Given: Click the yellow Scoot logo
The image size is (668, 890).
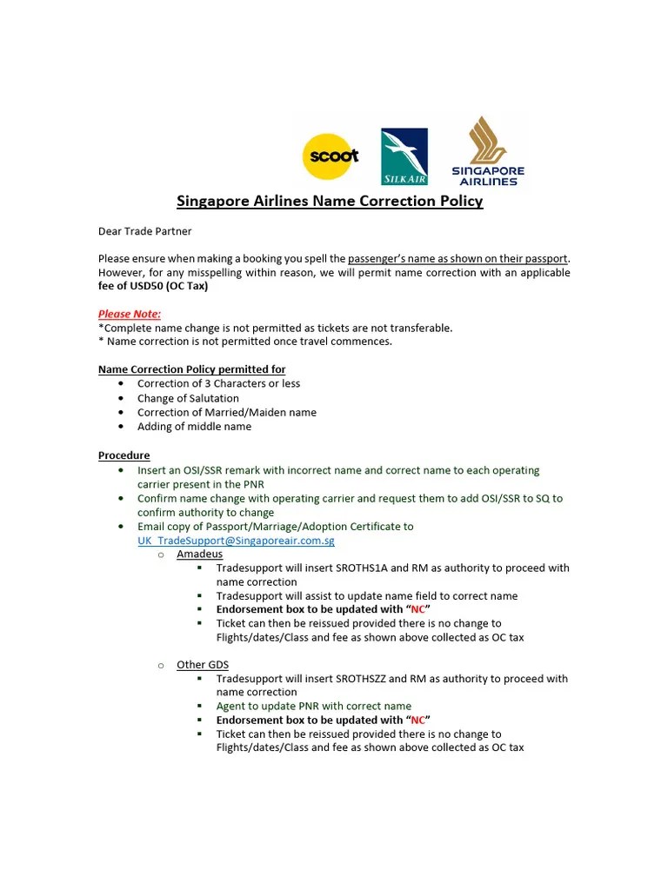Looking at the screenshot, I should (x=330, y=156).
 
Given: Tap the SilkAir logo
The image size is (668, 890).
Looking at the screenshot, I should (x=404, y=156).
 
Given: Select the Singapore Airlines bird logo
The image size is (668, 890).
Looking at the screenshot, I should (x=487, y=151).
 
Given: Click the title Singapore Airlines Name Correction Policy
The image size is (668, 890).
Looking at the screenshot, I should (x=330, y=202).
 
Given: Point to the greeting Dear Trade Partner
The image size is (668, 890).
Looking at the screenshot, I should (x=144, y=231).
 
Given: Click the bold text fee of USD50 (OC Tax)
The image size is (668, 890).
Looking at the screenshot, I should (x=153, y=286).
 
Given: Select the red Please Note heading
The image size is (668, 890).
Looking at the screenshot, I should (x=129, y=314).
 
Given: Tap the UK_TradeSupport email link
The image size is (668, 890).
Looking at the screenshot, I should (x=236, y=541).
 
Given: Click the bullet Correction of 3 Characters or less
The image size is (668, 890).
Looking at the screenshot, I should (x=218, y=384).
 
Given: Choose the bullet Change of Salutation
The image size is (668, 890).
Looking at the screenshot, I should (x=188, y=398).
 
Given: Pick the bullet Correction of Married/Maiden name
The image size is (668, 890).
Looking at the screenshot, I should (x=226, y=412).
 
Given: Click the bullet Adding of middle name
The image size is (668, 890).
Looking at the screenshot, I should (x=194, y=427).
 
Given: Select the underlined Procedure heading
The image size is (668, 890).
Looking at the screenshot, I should (x=124, y=455).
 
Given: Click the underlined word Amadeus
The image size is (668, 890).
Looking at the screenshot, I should (x=199, y=555).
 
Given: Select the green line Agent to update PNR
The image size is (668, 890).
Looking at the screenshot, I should (x=313, y=707).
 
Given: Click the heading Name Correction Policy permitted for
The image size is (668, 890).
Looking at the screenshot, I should (x=191, y=369).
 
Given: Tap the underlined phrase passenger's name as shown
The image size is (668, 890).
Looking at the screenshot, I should (x=458, y=259).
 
